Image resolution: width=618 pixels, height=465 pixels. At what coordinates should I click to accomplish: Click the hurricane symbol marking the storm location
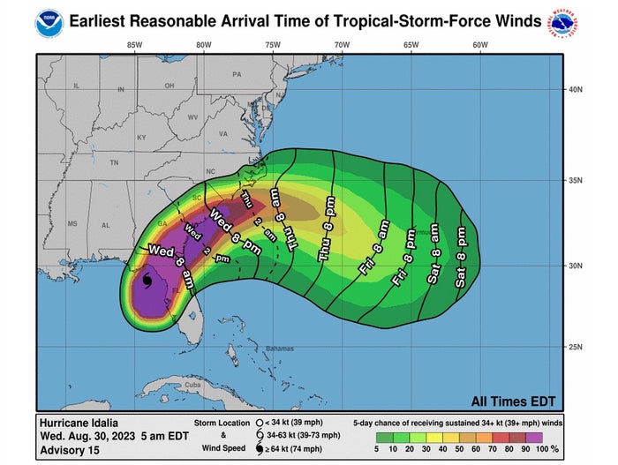[x=147, y=281]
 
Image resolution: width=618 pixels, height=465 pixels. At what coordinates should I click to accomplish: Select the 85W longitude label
[x=135, y=45]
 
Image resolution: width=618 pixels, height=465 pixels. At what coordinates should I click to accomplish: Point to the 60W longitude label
[x=479, y=45]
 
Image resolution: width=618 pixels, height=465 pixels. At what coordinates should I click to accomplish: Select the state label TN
[x=113, y=163]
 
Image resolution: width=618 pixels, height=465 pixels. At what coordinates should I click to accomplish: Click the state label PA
[x=237, y=75]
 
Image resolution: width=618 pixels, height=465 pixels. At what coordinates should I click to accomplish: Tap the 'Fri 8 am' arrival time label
[x=373, y=249]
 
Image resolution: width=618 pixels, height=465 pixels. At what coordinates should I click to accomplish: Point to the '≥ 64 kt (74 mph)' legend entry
[x=302, y=451]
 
